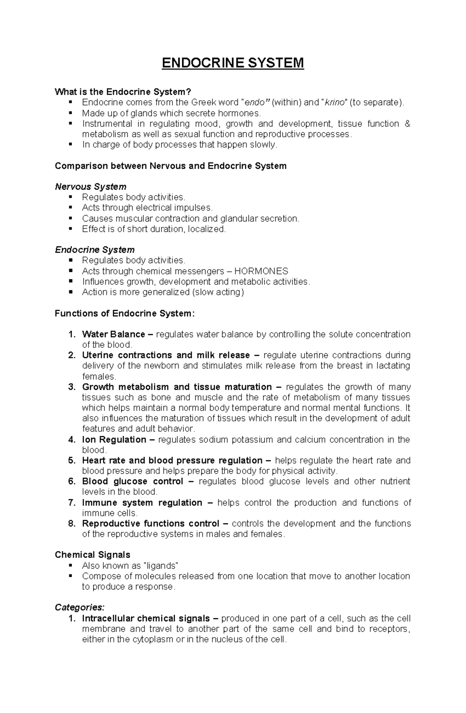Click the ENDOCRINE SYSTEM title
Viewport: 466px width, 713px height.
(233, 63)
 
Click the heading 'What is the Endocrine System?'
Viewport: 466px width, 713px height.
(123, 92)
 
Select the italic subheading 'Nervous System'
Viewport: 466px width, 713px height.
(90, 187)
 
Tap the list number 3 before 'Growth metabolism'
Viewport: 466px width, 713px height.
(71, 387)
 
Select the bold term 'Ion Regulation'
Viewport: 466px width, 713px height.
(114, 440)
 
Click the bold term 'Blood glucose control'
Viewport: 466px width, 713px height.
(132, 482)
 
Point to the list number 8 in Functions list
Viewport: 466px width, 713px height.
(71, 524)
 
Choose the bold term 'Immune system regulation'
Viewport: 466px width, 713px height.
(142, 503)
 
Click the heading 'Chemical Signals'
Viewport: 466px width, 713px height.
(92, 555)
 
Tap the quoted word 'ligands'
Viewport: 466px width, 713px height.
(161, 566)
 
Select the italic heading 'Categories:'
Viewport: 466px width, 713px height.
(80, 607)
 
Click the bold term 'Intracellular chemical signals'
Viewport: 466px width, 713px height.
(146, 619)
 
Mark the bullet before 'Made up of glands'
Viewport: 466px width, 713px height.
(70, 113)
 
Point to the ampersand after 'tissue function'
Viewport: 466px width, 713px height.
(407, 124)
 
